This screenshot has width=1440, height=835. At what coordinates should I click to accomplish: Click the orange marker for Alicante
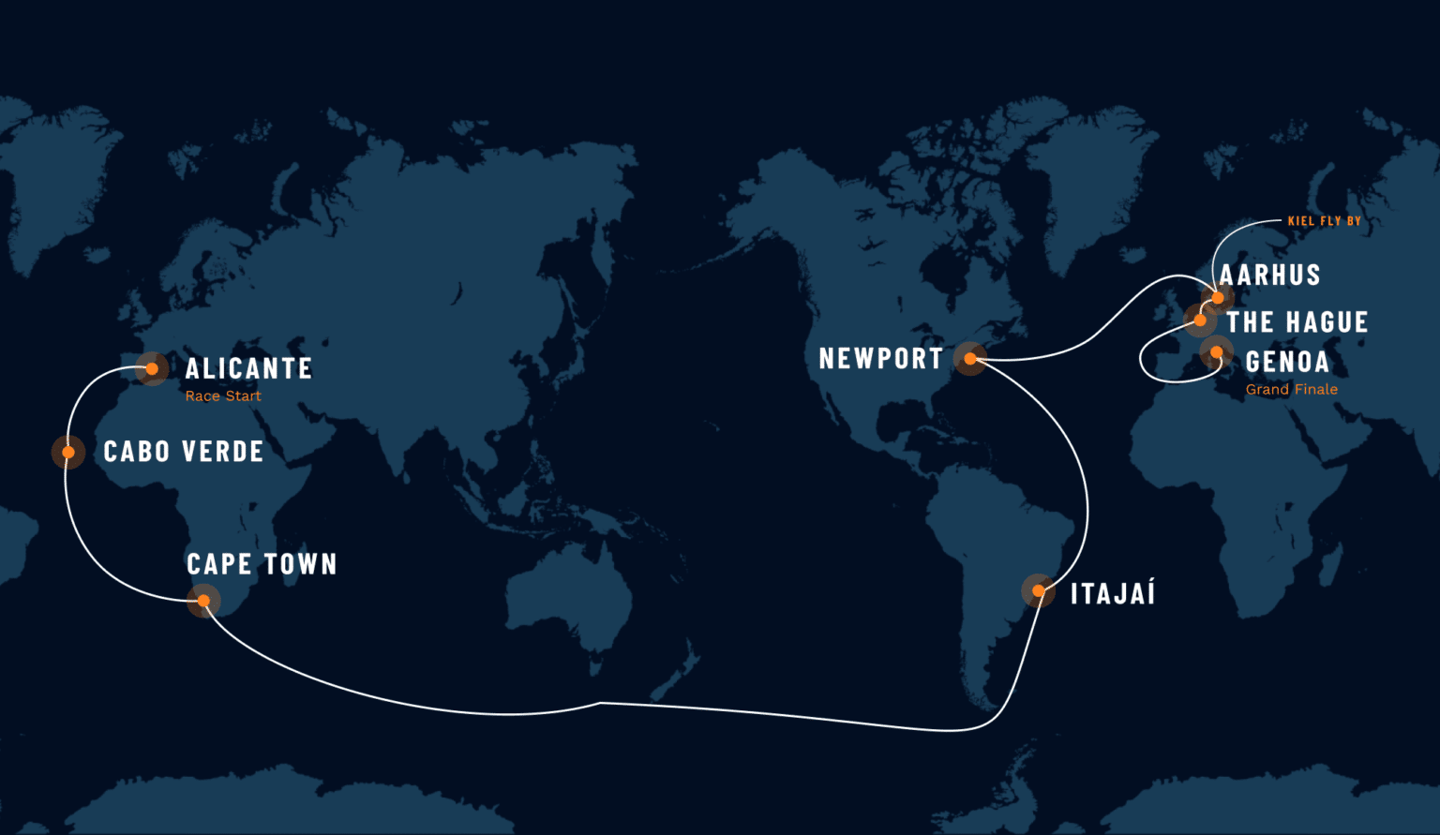(x=152, y=369)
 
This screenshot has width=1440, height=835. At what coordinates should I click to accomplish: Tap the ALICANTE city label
(x=248, y=368)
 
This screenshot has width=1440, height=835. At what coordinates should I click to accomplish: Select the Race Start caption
(x=223, y=396)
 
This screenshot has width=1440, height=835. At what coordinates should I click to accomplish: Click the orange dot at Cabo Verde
(x=68, y=453)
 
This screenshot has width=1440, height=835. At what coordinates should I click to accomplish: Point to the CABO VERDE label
(x=184, y=452)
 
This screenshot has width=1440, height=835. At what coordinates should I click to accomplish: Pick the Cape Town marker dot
(x=203, y=601)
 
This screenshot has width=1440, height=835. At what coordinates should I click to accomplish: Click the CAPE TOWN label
(x=262, y=564)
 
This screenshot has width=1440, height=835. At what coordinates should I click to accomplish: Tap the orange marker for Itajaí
(x=1039, y=591)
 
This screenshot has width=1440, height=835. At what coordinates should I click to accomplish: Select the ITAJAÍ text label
(x=1113, y=594)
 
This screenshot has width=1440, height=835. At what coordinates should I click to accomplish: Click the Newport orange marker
(x=970, y=359)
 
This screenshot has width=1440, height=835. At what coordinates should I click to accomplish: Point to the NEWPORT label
(x=880, y=359)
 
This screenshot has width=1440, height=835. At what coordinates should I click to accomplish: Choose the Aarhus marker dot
(x=1218, y=298)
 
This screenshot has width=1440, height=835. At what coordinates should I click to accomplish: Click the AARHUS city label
(x=1269, y=276)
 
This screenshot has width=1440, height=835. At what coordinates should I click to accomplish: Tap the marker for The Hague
(x=1200, y=321)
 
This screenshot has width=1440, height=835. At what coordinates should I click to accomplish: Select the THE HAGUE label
(x=1297, y=322)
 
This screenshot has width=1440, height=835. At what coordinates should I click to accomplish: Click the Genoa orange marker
(x=1216, y=352)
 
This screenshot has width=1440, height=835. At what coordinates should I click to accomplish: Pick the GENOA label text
(x=1287, y=362)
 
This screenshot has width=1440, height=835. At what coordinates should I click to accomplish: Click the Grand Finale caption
(x=1291, y=390)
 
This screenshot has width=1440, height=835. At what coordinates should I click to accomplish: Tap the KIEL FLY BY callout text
(x=1324, y=221)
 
